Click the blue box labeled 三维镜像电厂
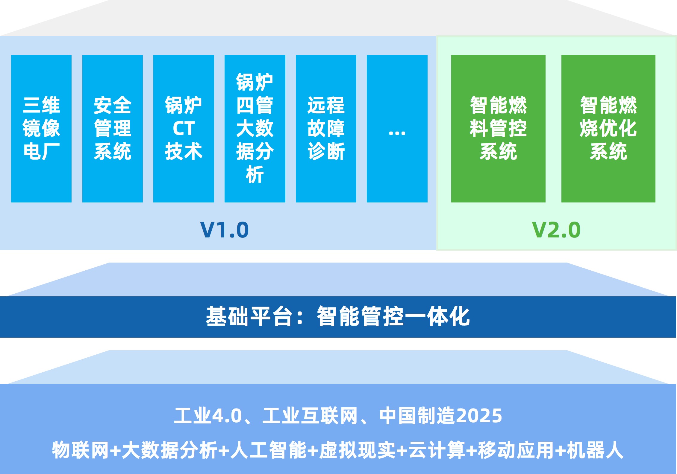click(41, 129)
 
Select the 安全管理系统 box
click(113, 129)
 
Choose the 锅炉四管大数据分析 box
click(255, 129)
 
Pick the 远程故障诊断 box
click(326, 129)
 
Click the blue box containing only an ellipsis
click(397, 129)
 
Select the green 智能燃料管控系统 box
click(498, 129)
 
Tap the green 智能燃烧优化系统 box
click(608, 129)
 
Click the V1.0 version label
click(225, 230)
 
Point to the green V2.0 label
click(556, 230)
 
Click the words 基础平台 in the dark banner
click(249, 316)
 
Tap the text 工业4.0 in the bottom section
click(208, 416)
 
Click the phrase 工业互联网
click(310, 416)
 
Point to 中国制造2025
click(440, 416)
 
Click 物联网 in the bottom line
click(80, 450)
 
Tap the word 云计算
click(437, 450)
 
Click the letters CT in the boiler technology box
click(184, 129)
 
